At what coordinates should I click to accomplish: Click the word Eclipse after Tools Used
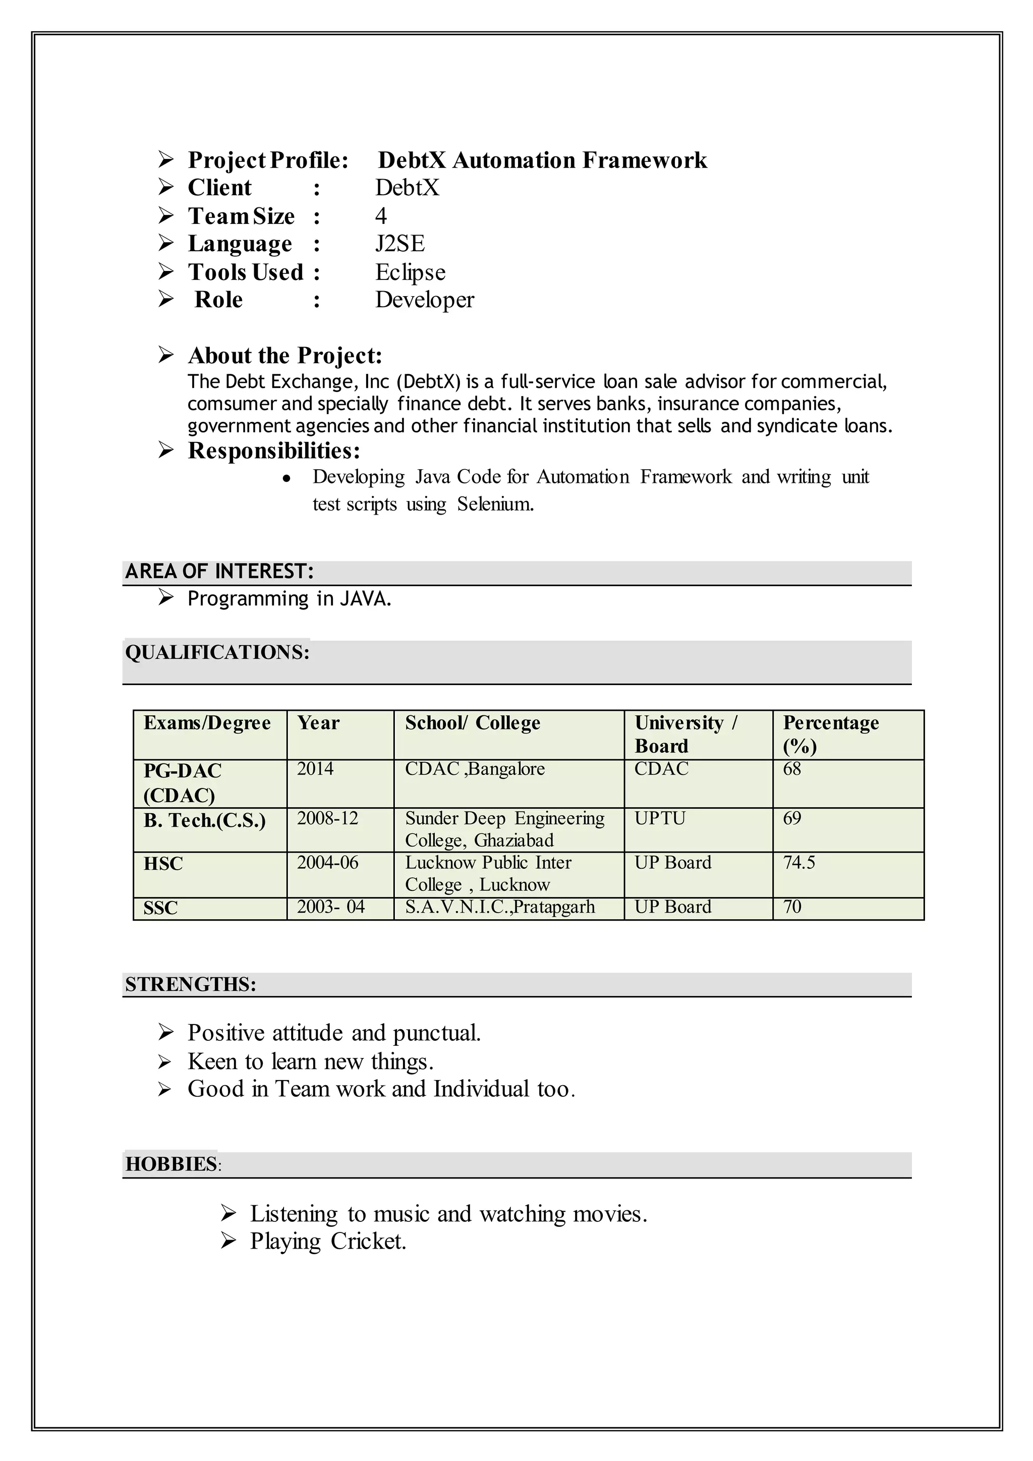pyautogui.click(x=410, y=272)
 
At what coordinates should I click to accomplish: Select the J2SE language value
pyautogui.click(x=399, y=244)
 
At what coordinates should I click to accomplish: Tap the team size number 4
pyautogui.click(x=380, y=216)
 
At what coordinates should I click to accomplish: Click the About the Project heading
pyautogui.click(x=285, y=355)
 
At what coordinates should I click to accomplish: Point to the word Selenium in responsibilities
pyautogui.click(x=495, y=504)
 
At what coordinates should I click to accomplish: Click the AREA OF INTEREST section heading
pyautogui.click(x=219, y=572)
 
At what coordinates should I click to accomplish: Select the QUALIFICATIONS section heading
pyautogui.click(x=217, y=652)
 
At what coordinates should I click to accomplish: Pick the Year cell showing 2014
pyautogui.click(x=315, y=769)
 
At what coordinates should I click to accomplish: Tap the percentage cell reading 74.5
pyautogui.click(x=798, y=863)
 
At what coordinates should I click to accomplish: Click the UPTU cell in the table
pyautogui.click(x=660, y=818)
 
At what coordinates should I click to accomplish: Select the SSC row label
pyautogui.click(x=160, y=908)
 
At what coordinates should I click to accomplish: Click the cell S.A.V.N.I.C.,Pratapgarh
pyautogui.click(x=500, y=907)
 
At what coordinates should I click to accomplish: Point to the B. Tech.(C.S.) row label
pyautogui.click(x=204, y=821)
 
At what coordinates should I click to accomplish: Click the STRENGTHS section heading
pyautogui.click(x=190, y=984)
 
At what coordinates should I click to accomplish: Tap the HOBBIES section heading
pyautogui.click(x=171, y=1164)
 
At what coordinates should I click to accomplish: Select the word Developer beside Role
pyautogui.click(x=424, y=300)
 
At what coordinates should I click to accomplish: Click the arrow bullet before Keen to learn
pyautogui.click(x=165, y=1062)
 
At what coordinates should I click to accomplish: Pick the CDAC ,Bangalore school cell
pyautogui.click(x=475, y=769)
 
